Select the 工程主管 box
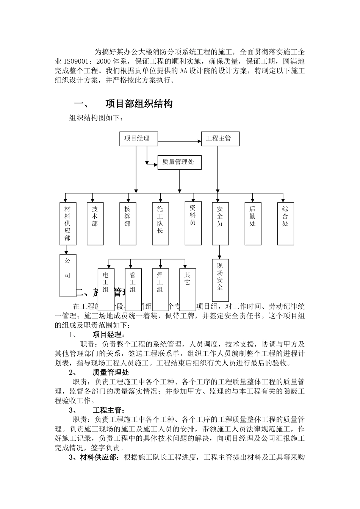click(221, 139)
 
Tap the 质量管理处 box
click(179, 162)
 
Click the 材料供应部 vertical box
click(67, 223)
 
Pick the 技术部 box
click(95, 223)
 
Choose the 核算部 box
click(127, 223)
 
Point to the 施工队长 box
click(160, 223)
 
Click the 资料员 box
click(193, 223)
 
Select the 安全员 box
click(220, 223)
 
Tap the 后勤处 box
click(253, 223)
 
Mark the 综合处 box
click(285, 223)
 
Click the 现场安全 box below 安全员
click(220, 281)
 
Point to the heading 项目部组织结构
click(139, 104)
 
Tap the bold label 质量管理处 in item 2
click(111, 372)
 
